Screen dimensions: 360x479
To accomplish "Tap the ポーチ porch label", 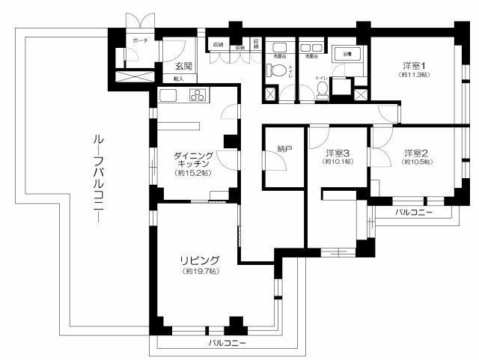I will click(x=139, y=39).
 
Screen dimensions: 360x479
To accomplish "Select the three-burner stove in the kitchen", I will click(x=198, y=95).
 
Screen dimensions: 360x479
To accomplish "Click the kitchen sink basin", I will click(x=168, y=95).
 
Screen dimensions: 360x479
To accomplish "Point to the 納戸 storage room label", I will click(x=283, y=150).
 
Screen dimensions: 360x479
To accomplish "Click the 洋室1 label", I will click(x=413, y=65).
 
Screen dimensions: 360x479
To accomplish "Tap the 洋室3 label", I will click(x=338, y=154).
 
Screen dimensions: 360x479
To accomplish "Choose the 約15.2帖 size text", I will click(x=193, y=174).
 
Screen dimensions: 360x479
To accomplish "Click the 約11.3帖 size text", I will click(x=413, y=75).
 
